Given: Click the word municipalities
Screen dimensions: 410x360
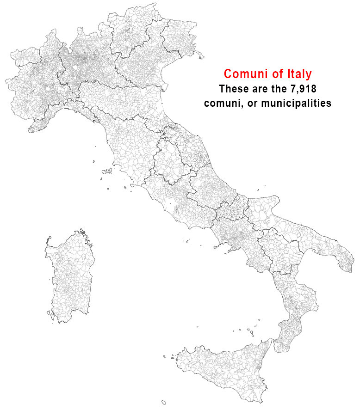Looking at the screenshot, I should [296, 104].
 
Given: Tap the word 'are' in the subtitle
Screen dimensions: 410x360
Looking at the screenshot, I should [261, 89].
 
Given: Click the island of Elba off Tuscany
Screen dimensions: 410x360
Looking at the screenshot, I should [107, 171].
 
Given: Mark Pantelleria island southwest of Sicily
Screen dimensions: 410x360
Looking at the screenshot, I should [163, 402].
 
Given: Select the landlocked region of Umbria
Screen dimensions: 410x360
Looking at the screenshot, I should [169, 159].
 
